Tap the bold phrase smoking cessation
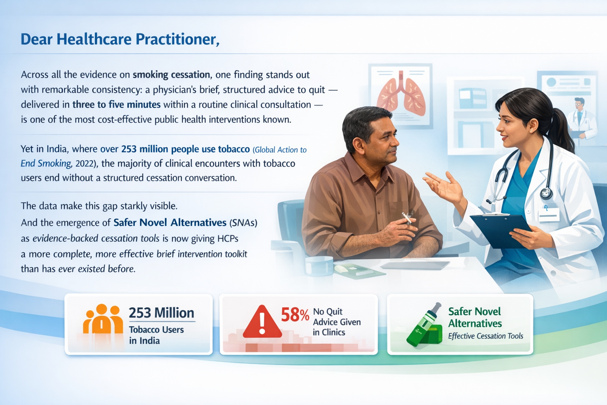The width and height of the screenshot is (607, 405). click(x=171, y=75)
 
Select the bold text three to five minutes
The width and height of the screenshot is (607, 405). click(x=116, y=104)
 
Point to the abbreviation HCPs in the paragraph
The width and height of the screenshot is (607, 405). click(x=228, y=238)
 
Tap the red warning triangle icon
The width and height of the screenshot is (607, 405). click(x=262, y=322)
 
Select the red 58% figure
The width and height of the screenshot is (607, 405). click(x=295, y=315)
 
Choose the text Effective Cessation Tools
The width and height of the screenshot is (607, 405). click(x=485, y=336)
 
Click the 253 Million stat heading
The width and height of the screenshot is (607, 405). click(x=162, y=313)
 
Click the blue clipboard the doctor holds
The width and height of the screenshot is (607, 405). click(x=500, y=231)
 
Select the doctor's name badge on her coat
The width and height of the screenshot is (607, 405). click(x=549, y=214)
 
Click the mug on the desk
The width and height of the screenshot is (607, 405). click(x=319, y=265)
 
